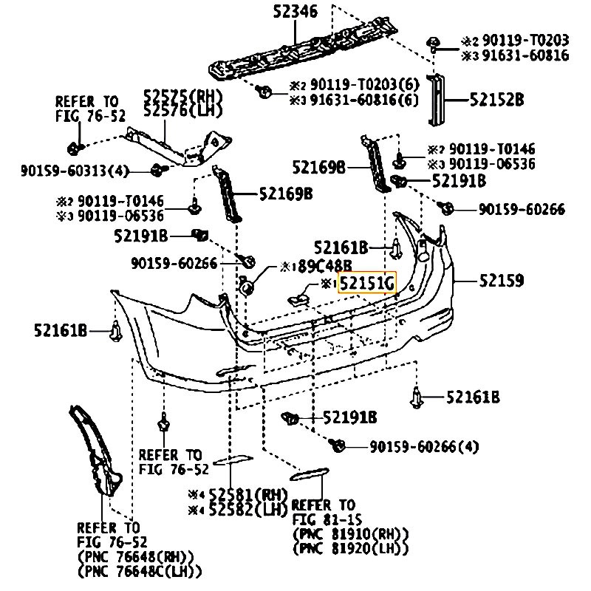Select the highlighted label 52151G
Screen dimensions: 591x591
[x=367, y=283]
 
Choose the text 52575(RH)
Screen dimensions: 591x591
[x=182, y=96]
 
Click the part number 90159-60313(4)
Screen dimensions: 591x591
[x=75, y=171]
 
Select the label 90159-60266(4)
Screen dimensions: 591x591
[x=423, y=446]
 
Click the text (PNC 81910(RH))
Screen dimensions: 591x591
[x=350, y=534]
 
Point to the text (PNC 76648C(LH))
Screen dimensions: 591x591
[x=140, y=570]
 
